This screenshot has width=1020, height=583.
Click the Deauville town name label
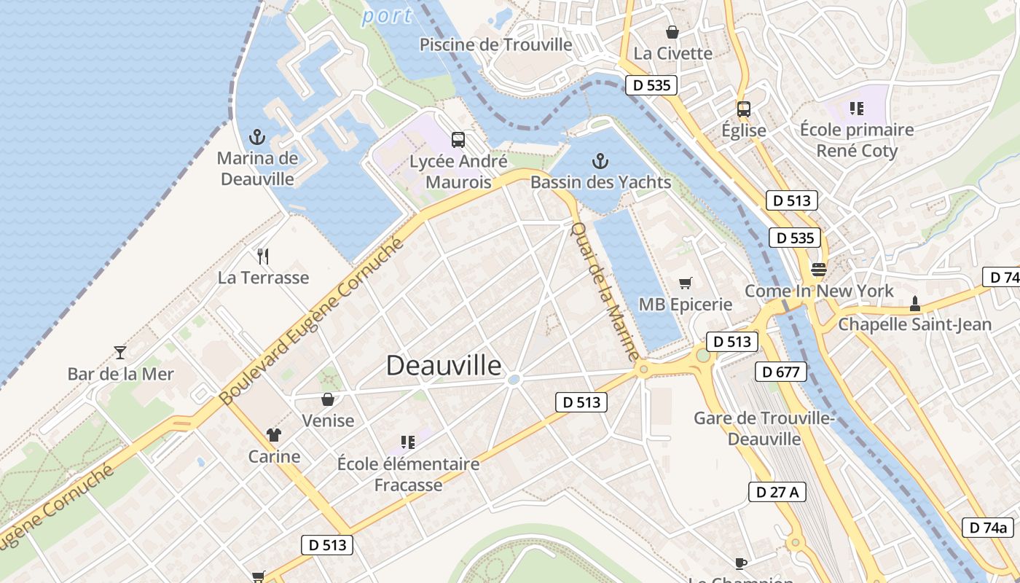pyautogui.click(x=444, y=365)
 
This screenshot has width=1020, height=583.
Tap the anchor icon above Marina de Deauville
pyautogui.click(x=256, y=136)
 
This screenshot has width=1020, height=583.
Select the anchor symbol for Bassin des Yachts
pyautogui.click(x=600, y=160)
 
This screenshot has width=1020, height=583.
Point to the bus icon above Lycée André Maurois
pyautogui.click(x=458, y=139)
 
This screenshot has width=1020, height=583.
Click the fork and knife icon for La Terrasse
pyautogui.click(x=263, y=256)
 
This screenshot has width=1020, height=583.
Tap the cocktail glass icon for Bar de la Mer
pyautogui.click(x=120, y=353)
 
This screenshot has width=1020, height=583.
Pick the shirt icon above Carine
pyautogui.click(x=274, y=435)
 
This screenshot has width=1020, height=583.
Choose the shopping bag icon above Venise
pyautogui.click(x=328, y=399)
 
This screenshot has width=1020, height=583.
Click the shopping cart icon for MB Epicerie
pyautogui.click(x=685, y=283)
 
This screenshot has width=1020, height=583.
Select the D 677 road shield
pyautogui.click(x=781, y=372)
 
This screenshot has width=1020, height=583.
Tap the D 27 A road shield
pyautogui.click(x=777, y=492)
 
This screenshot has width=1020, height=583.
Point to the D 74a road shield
pyautogui.click(x=988, y=528)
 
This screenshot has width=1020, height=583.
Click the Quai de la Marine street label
pyautogui.click(x=604, y=291)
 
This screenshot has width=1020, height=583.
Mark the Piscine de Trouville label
pyautogui.click(x=496, y=44)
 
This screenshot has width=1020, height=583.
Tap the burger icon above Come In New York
pyautogui.click(x=818, y=270)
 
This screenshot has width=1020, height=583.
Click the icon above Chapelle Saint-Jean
pyautogui.click(x=915, y=303)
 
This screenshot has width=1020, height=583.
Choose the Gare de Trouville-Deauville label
pyautogui.click(x=764, y=429)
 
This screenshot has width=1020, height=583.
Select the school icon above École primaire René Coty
pyautogui.click(x=856, y=109)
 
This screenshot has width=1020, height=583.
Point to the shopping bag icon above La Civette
pyautogui.click(x=672, y=32)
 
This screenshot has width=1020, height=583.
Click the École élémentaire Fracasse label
pyautogui.click(x=408, y=474)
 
